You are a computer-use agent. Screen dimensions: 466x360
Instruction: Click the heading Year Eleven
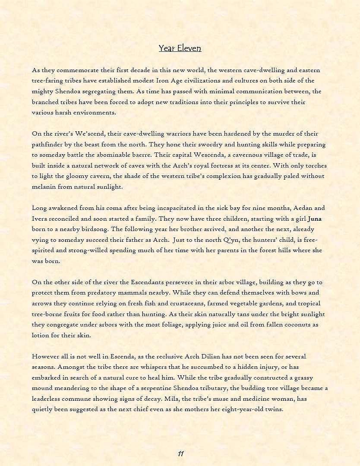180,48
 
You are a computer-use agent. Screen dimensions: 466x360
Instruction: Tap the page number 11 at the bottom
181,453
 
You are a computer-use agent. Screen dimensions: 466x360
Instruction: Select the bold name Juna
315,219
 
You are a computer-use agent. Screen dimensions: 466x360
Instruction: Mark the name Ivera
41,219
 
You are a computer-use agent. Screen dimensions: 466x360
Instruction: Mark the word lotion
41,335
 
